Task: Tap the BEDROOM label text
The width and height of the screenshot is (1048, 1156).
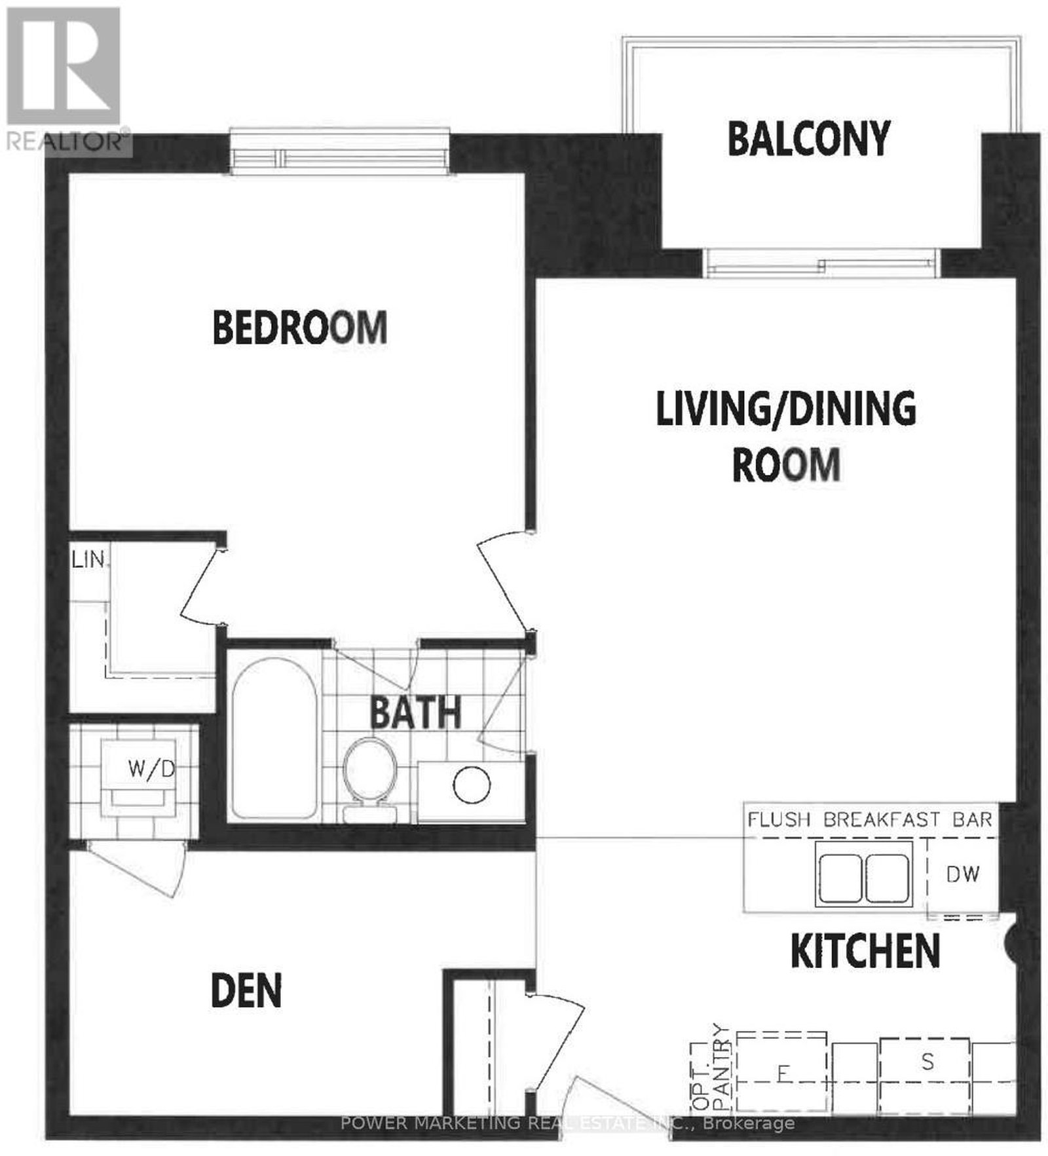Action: point(300,327)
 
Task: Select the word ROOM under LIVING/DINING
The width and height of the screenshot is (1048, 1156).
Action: point(786,465)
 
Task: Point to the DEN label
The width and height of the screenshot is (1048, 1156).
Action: point(246,991)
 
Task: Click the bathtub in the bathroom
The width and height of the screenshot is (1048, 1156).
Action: point(274,737)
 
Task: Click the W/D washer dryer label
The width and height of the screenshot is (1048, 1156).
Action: point(151,768)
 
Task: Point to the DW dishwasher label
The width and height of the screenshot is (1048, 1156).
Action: point(962,874)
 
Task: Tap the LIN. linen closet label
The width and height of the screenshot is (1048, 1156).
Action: point(89,560)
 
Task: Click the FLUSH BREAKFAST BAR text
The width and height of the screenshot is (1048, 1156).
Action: point(870,819)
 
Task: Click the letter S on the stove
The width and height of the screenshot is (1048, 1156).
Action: point(927,1061)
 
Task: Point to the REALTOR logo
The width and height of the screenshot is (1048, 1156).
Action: point(64,77)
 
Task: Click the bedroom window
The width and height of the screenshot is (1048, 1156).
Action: point(339,153)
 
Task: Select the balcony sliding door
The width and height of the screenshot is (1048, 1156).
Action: point(822,263)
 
